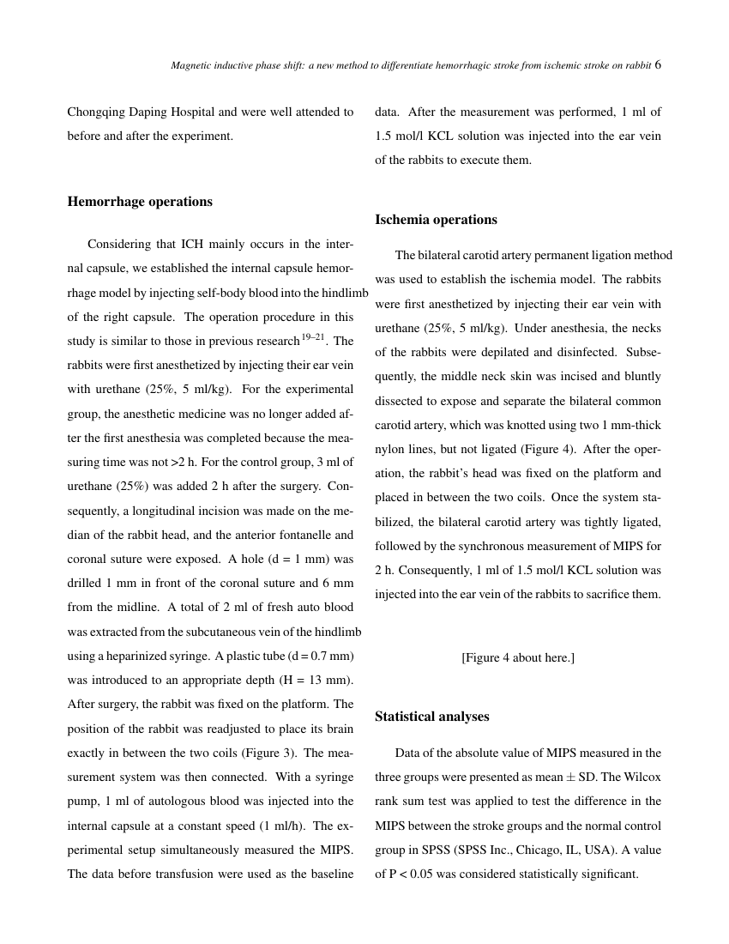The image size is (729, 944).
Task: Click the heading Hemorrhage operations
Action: tap(140, 202)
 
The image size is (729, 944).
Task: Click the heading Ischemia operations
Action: tap(436, 220)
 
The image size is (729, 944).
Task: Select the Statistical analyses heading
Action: tap(432, 717)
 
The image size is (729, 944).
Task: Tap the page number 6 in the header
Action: tap(658, 64)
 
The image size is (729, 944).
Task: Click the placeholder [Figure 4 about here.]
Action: tap(518, 658)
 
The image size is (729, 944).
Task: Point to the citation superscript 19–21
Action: tap(313, 336)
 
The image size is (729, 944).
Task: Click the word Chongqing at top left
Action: tap(98, 112)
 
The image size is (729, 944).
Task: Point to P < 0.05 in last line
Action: tap(415, 874)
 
